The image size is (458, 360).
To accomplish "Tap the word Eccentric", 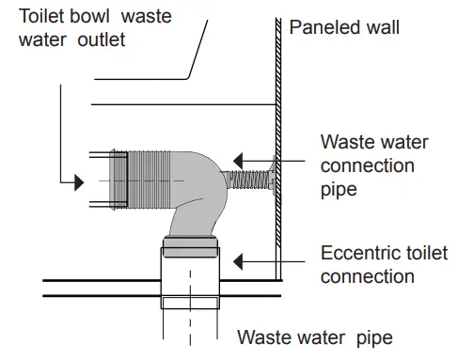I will (356, 253).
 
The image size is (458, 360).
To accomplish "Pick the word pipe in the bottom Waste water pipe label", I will (371, 337).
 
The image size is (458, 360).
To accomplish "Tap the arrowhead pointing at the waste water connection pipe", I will (241, 160).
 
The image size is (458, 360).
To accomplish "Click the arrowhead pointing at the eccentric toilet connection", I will (241, 259).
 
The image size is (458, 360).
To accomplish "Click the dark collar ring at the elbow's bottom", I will (191, 247).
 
